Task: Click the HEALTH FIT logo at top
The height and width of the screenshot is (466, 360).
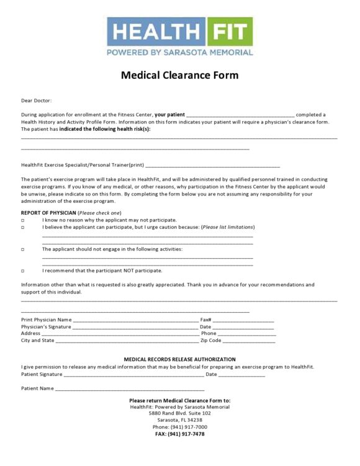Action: (x=179, y=37)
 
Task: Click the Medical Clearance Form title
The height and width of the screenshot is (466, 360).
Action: (x=179, y=76)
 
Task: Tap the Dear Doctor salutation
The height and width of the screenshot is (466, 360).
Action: (x=37, y=100)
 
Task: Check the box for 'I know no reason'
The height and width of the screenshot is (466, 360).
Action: (x=23, y=220)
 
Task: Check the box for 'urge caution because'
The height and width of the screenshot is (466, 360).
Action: (x=23, y=228)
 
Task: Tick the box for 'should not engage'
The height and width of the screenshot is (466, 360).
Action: (x=23, y=249)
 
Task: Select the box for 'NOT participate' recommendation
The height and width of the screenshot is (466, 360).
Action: (x=23, y=271)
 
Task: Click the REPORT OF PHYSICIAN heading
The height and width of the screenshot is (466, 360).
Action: (x=48, y=213)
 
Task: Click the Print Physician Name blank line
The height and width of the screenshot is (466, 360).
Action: (x=135, y=320)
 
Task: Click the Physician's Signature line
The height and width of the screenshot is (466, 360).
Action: (x=135, y=327)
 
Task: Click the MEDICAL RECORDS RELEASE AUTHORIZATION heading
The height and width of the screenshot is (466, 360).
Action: (x=179, y=359)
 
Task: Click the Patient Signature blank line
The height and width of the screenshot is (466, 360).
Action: (x=133, y=375)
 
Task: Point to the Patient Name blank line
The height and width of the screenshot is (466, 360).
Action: (x=130, y=389)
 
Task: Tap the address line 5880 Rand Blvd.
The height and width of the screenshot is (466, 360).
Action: (x=179, y=413)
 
